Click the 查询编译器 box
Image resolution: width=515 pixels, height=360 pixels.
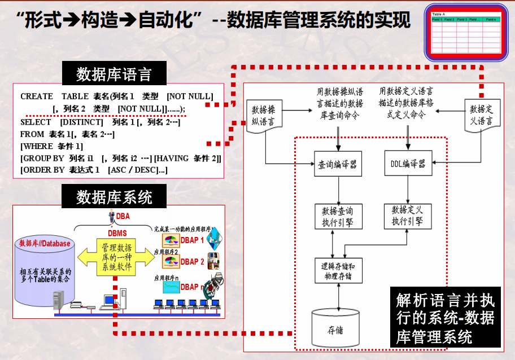coord(338,165)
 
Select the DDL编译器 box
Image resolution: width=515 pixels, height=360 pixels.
coord(408,165)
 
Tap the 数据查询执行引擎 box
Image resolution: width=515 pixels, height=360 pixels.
coord(338,216)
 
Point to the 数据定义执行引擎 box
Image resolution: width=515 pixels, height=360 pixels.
coord(408,216)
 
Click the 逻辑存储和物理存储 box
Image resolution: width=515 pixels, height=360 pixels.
coord(338,271)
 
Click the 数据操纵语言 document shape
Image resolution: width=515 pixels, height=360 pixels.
coord(263,115)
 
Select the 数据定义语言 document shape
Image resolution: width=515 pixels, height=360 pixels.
coord(481,115)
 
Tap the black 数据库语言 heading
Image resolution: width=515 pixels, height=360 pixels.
coord(114,74)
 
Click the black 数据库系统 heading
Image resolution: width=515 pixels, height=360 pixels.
coord(114,197)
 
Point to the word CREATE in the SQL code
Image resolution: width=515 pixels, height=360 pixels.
coord(37,96)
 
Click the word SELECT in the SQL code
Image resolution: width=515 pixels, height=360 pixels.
coord(36,122)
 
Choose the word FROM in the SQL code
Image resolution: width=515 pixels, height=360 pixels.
coord(32,134)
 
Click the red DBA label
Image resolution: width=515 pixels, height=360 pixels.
coord(123,216)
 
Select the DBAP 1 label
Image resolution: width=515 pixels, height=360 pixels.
coord(193,240)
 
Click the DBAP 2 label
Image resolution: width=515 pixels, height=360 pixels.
coord(193,262)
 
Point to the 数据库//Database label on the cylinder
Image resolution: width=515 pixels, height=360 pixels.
coord(45,243)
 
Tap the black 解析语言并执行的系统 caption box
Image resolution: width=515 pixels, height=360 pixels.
coord(446,318)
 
